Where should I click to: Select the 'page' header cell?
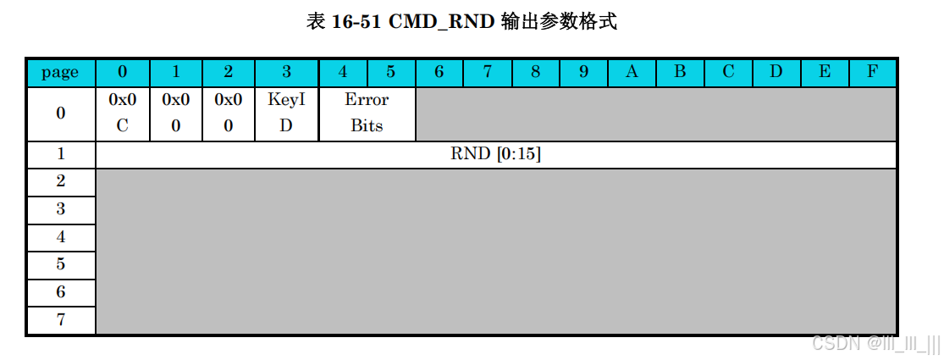coord(60,72)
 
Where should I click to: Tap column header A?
coord(631,72)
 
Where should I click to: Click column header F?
coord(871,72)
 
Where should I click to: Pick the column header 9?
coord(583,72)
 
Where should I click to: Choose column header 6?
coord(439,72)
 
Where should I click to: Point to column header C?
coord(727,72)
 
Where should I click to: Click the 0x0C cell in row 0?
coord(123,113)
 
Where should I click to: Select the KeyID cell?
coord(286,113)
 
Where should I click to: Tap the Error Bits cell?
coord(367,113)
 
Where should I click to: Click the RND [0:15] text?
coord(496,154)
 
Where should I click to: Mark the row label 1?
coord(60,154)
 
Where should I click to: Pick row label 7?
coord(60,319)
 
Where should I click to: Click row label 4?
coord(60,236)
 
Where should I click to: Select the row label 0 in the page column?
coord(60,113)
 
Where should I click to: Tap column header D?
coord(776,72)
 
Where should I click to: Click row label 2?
coord(60,181)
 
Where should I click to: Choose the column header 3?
coord(286,72)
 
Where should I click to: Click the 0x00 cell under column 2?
coord(229,113)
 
